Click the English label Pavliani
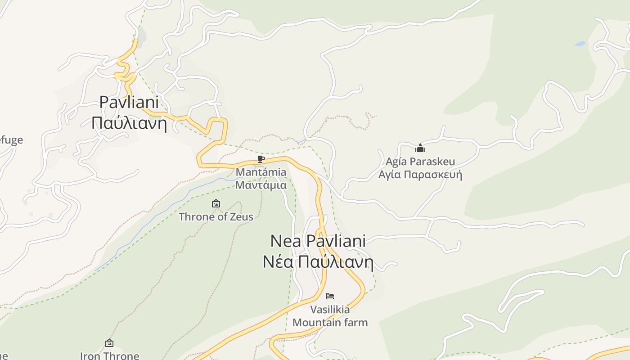(x=129, y=102)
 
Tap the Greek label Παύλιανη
(x=129, y=122)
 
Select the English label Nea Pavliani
(x=318, y=241)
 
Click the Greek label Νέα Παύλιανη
(x=318, y=261)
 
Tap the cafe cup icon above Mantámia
(x=261, y=159)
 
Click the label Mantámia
(x=261, y=172)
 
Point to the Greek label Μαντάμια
(x=261, y=184)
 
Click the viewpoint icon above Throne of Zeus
(x=216, y=203)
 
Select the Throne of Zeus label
(x=216, y=216)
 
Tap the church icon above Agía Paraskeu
(x=420, y=148)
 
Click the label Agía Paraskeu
(x=420, y=162)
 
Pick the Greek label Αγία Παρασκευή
(x=420, y=175)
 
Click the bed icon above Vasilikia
(x=330, y=296)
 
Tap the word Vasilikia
(x=330, y=310)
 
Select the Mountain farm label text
(x=330, y=322)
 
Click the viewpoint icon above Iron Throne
(x=109, y=343)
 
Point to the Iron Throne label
(x=109, y=355)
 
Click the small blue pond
(x=580, y=44)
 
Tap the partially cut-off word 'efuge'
(x=11, y=140)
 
